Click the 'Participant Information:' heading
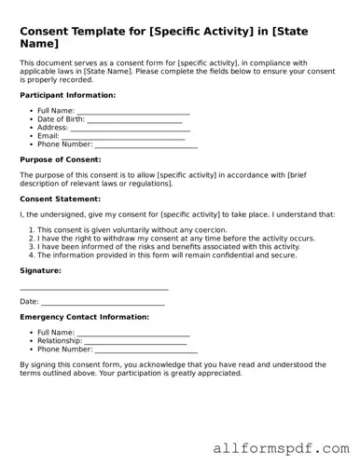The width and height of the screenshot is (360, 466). pos(67,95)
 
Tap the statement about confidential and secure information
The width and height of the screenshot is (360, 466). pos(167,254)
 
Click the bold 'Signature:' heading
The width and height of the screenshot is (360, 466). pos(40,270)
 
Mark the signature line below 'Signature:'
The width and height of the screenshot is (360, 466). pos(93,289)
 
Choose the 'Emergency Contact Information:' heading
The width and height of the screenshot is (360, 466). pos(84,317)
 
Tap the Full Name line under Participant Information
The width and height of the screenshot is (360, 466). pos(133,112)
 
